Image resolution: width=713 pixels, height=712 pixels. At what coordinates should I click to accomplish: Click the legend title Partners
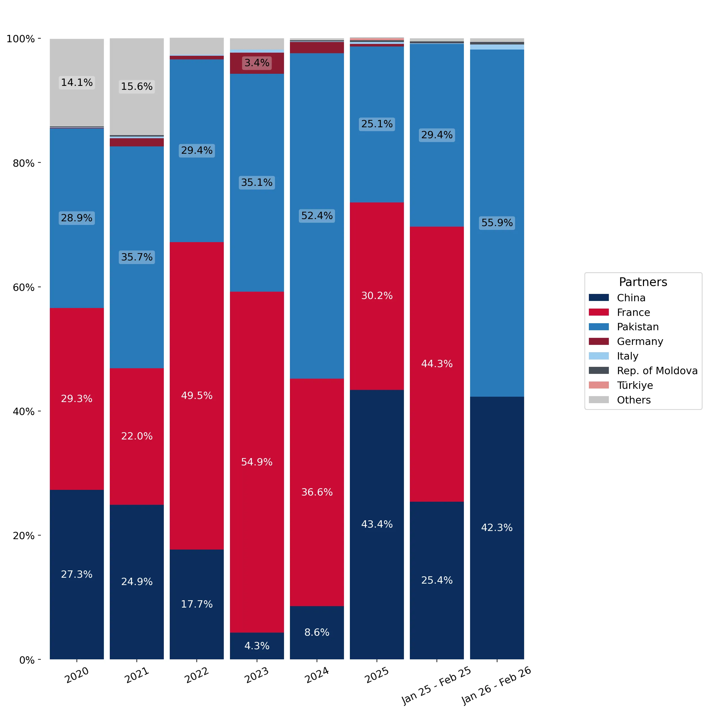coord(643,282)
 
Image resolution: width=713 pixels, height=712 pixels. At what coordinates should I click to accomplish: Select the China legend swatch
coord(599,298)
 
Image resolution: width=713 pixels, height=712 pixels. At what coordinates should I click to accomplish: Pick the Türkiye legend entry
coord(635,385)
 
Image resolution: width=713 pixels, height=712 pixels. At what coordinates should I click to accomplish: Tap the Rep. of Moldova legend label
coord(657,370)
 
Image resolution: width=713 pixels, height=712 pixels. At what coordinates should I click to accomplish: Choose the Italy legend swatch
coord(599,356)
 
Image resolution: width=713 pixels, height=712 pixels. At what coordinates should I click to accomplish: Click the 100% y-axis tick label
coord(21,39)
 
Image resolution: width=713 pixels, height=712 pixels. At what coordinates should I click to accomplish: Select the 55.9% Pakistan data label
coord(497,223)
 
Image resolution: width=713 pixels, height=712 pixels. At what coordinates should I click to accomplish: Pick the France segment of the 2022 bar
coord(197,396)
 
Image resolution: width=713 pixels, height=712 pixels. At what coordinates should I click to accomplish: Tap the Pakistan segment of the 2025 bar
coord(377,124)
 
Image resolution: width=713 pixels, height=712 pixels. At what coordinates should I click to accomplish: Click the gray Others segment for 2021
coord(137,87)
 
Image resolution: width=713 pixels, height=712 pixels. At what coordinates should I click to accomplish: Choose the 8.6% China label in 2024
coord(317,632)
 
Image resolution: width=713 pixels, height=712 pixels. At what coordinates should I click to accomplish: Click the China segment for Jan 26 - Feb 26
coord(497,528)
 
